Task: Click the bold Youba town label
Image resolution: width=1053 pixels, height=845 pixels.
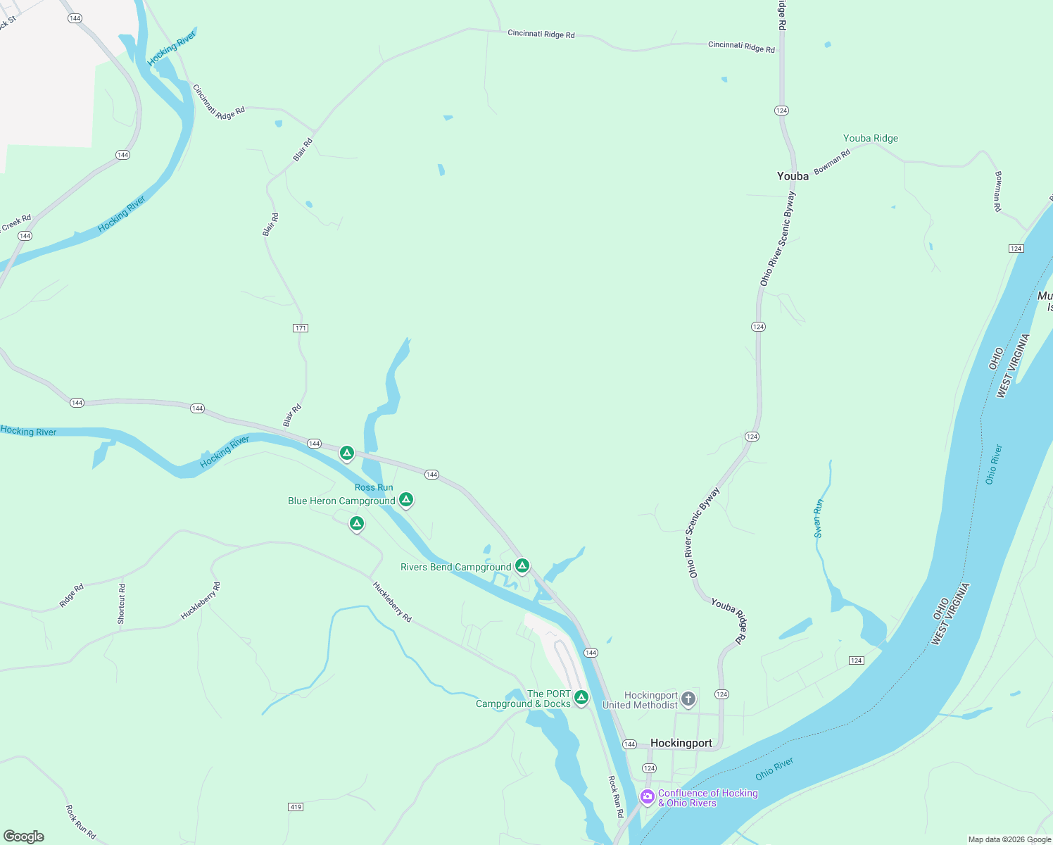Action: [x=793, y=176]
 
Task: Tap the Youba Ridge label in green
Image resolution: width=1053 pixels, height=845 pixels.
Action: [x=871, y=139]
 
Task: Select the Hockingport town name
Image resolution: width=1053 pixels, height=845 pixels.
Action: [x=681, y=744]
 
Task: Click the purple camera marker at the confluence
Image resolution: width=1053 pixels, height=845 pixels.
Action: [x=647, y=796]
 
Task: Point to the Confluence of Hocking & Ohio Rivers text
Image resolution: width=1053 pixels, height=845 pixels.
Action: [x=707, y=798]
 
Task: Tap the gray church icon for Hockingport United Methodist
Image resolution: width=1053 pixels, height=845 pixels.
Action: [x=688, y=699]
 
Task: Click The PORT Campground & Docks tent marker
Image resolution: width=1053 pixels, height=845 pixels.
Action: [x=581, y=697]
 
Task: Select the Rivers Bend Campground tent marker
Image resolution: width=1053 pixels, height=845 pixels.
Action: [x=522, y=565]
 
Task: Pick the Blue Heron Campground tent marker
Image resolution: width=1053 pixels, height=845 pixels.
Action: [x=405, y=499]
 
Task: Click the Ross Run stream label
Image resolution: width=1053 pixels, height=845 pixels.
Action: [x=374, y=487]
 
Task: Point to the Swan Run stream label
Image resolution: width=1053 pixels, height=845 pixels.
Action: [x=819, y=518]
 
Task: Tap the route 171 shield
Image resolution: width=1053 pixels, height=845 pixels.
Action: [x=301, y=328]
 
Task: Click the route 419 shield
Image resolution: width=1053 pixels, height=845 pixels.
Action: [x=296, y=806]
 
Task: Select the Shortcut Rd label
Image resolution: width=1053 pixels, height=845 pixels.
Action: [x=122, y=603]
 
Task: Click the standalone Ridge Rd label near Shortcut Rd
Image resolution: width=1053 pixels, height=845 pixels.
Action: [x=72, y=595]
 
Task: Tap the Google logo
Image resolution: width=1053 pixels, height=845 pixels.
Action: [x=24, y=837]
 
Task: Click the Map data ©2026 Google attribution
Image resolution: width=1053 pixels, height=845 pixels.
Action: [x=1009, y=839]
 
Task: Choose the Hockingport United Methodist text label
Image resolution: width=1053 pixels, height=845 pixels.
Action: [x=640, y=700]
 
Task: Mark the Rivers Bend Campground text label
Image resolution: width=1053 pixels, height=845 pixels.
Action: [x=455, y=568]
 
